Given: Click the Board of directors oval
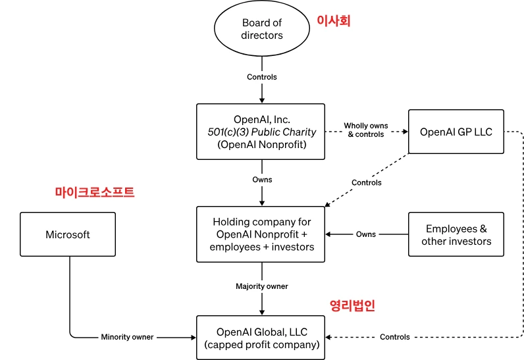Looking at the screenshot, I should click(x=261, y=29).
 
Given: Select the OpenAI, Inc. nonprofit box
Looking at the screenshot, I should click(x=261, y=132).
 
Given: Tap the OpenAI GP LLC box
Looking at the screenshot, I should click(x=456, y=132).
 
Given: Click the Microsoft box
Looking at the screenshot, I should click(x=68, y=234).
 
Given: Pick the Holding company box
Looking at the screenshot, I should click(x=261, y=234).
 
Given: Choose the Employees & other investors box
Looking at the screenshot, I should click(x=456, y=234).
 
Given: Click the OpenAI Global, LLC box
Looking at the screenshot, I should click(x=261, y=338).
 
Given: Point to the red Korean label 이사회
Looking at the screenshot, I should click(x=334, y=21).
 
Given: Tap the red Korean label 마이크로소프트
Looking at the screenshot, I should click(x=94, y=192).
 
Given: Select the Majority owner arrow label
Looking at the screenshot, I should click(x=262, y=286).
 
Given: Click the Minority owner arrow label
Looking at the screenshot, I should click(x=127, y=337).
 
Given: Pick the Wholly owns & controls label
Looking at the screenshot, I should click(x=367, y=130).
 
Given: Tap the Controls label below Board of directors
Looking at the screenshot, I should click(x=262, y=77).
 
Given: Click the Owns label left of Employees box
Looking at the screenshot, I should click(x=366, y=234).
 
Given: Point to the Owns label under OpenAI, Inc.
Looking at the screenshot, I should click(x=262, y=180).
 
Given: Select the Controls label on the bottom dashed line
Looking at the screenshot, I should click(x=395, y=337).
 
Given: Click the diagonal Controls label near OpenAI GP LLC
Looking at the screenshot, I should click(x=366, y=182).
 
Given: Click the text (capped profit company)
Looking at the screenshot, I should click(x=261, y=344).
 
